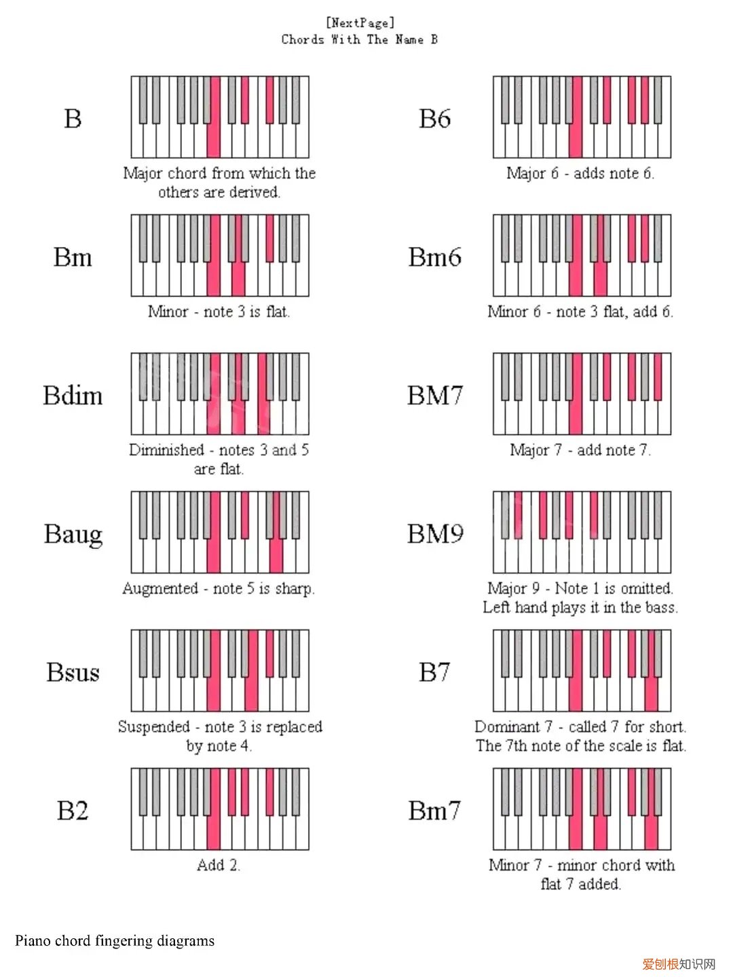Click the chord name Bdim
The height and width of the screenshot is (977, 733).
pos(73,395)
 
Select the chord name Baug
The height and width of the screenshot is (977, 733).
pos(73,534)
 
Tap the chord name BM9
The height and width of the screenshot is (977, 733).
pos(435,534)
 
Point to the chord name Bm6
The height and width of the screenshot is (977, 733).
pos(434,257)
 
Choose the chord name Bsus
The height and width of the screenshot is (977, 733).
pos(73,672)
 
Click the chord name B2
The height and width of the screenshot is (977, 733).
pos(73,811)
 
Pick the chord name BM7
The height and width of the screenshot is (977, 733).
pos(435,395)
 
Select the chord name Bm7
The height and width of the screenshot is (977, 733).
pos(434,811)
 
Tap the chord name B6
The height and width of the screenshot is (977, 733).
pos(434,119)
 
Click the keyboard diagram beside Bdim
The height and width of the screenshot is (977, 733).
pos(220,394)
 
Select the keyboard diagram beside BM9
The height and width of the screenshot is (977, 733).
pos(582,532)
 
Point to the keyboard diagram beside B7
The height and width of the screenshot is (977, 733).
pos(582,670)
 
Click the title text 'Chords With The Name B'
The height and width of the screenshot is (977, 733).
pos(360,39)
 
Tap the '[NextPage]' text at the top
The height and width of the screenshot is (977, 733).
pos(360,22)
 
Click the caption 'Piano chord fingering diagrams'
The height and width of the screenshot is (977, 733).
pos(115,940)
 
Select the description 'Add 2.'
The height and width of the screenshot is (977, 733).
pos(219,865)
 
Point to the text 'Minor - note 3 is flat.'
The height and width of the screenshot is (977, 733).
pos(219,311)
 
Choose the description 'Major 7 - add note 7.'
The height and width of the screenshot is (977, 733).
pos(580,450)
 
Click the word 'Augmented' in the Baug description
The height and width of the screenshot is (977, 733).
pos(160,588)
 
